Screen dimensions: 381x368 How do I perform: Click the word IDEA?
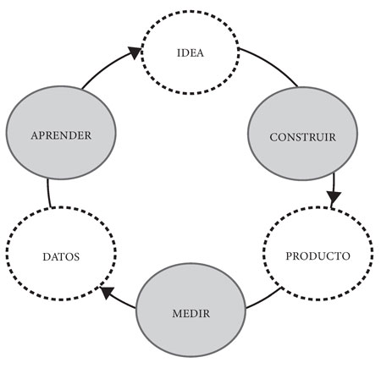tap(190, 53)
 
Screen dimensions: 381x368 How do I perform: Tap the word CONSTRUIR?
tap(303, 137)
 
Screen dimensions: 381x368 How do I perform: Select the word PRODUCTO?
tap(318, 255)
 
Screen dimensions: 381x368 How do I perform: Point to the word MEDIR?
tap(191, 313)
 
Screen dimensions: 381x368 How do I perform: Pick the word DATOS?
tap(61, 256)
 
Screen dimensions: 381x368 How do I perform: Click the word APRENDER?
tap(61, 135)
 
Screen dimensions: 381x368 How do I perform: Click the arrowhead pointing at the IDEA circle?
tap(135, 52)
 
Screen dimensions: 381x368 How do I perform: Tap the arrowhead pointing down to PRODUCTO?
tap(334, 197)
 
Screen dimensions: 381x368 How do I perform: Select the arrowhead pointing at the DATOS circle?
tap(108, 293)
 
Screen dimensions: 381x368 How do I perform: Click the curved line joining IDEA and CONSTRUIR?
tap(271, 63)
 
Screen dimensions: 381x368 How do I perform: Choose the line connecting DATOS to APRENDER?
tap(48, 193)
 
